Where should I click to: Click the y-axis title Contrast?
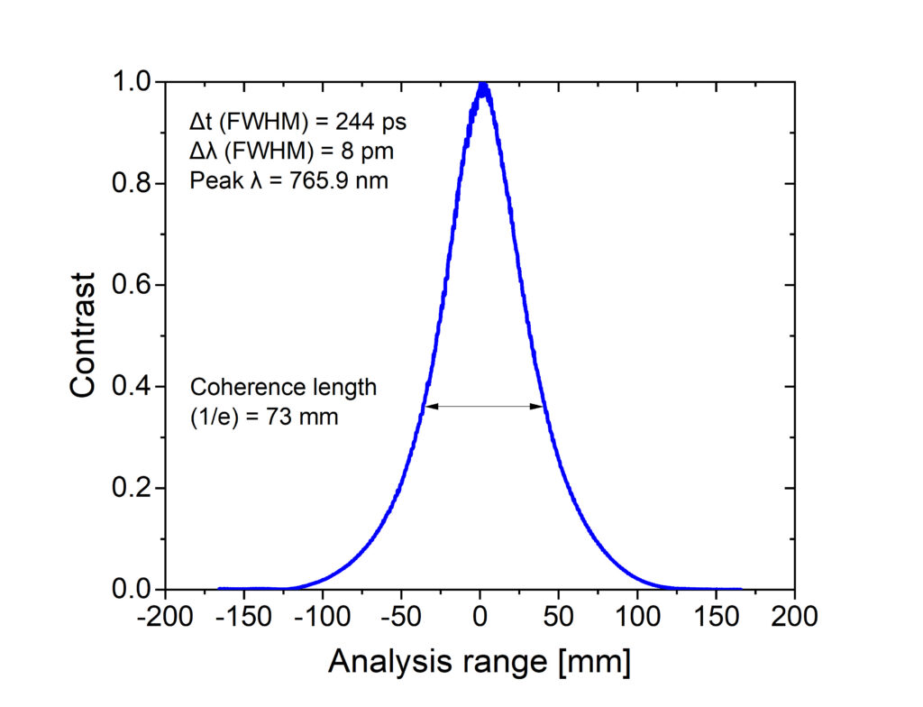pos(83,335)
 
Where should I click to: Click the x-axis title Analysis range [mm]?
pos(479,662)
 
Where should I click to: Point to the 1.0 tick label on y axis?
pos(133,82)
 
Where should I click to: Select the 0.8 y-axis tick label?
pos(133,184)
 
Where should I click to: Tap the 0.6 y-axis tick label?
pos(133,285)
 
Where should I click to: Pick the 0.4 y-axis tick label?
pos(133,387)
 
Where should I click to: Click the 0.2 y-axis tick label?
pos(133,488)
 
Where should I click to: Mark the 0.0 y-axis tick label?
pos(133,590)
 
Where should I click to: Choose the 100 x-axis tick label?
pos(638,618)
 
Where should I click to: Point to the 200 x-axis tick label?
pos(795,618)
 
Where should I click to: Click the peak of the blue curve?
pos(482,86)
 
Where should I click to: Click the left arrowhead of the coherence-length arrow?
pos(430,407)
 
